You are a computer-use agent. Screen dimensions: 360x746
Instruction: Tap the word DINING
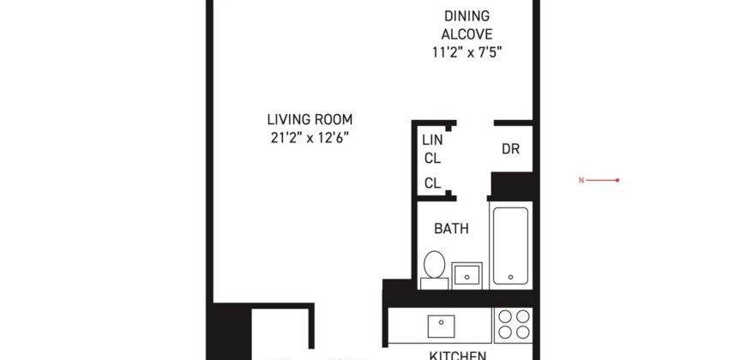click(466, 16)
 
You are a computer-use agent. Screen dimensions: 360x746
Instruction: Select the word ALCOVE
click(466, 34)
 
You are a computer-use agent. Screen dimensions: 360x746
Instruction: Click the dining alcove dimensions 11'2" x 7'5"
click(466, 52)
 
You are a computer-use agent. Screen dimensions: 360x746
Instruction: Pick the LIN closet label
click(430, 139)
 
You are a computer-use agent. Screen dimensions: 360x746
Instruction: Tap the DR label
click(511, 149)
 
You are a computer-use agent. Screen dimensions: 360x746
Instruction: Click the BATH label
click(450, 229)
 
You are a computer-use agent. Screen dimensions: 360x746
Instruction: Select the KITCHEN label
click(458, 354)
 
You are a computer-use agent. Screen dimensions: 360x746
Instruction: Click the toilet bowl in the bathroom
click(435, 262)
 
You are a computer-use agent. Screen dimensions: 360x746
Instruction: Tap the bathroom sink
click(467, 274)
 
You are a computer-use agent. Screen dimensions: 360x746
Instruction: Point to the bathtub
click(511, 244)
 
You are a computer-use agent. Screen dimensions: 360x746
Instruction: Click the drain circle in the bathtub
click(511, 277)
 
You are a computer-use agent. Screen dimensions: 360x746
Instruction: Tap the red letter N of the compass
click(581, 181)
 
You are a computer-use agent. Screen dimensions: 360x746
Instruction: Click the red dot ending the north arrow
click(617, 181)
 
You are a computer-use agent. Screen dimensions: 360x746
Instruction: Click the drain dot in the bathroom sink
click(467, 276)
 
